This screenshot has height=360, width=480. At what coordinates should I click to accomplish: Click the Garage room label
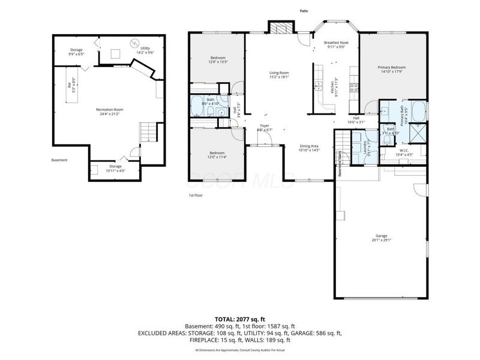(382, 237)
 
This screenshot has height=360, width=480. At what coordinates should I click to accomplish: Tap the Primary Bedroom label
(392, 69)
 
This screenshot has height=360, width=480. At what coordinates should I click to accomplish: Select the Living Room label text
(279, 74)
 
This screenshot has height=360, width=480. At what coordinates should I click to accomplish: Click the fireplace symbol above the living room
(281, 28)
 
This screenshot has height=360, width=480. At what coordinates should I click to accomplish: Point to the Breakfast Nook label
(336, 45)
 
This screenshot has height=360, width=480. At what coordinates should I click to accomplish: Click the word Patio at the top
(305, 10)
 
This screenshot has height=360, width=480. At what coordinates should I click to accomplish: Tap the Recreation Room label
(110, 111)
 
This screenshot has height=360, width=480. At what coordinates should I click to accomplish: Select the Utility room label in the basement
(146, 50)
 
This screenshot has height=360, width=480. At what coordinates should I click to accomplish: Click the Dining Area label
(309, 148)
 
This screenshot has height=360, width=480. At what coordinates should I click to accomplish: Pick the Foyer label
(265, 127)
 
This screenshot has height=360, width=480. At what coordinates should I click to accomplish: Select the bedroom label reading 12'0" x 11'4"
(217, 154)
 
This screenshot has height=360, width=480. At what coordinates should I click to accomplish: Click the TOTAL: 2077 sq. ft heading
(240, 319)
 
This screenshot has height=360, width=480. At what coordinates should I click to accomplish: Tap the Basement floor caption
(59, 160)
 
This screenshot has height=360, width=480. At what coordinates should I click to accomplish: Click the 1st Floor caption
(196, 196)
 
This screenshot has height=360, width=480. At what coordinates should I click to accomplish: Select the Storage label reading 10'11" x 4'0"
(115, 167)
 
